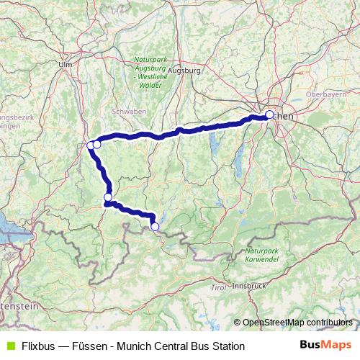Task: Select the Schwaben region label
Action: click(x=130, y=111)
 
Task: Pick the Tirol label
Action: click(x=217, y=287)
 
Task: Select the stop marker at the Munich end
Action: click(x=269, y=114)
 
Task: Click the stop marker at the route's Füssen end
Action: click(x=155, y=227)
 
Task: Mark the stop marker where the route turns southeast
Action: click(x=108, y=197)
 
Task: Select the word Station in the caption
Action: click(x=228, y=346)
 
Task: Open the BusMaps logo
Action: click(x=325, y=346)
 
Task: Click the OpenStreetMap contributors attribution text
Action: click(x=297, y=323)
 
